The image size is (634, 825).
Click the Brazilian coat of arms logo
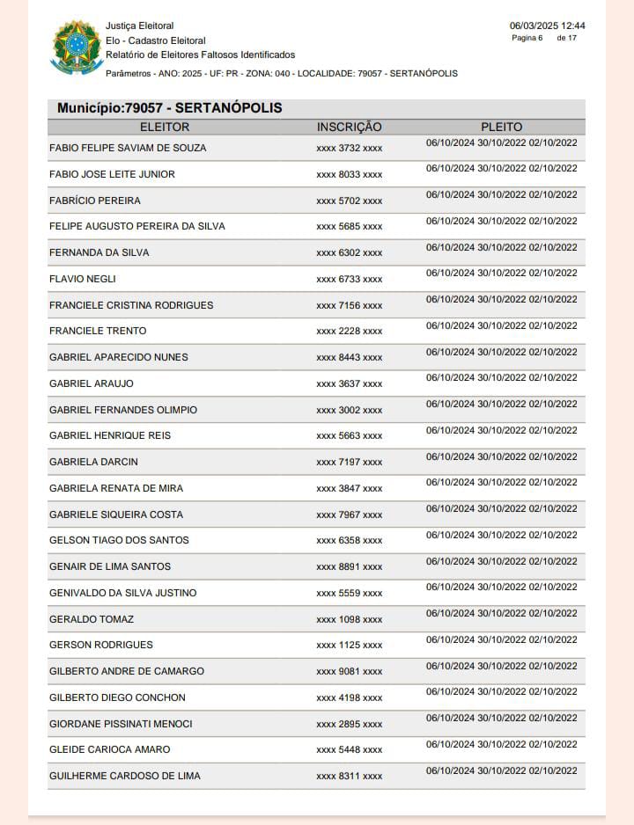tap(77, 47)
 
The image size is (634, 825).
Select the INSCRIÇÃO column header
tap(350, 128)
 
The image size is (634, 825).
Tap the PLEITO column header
tap(501, 128)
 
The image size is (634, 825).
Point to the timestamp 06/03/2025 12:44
tap(547, 26)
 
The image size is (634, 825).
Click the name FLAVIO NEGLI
tap(83, 279)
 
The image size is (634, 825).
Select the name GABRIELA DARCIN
tap(93, 462)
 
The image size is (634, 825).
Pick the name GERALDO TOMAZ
tap(92, 619)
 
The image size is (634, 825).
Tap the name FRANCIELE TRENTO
tap(98, 331)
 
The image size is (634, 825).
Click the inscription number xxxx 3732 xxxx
tap(350, 149)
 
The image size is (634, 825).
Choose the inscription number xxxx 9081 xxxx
tap(350, 672)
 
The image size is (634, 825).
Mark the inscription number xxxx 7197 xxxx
tap(350, 463)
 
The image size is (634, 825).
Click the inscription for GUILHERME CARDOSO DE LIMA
tap(350, 777)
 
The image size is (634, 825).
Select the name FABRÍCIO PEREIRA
tap(95, 201)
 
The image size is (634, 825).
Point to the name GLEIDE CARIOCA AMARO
tap(110, 749)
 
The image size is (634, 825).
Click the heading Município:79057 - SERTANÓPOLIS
tap(170, 108)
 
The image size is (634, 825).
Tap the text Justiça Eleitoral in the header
tap(140, 26)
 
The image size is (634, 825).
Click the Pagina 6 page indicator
tap(527, 38)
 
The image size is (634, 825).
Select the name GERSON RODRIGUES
tap(101, 645)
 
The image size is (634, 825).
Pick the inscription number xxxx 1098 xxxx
tap(350, 620)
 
